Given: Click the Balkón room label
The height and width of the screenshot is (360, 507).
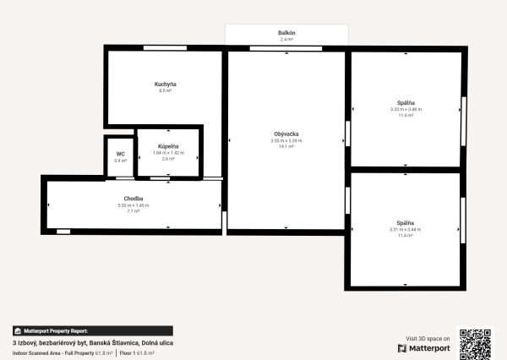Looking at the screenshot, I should tap(286, 33).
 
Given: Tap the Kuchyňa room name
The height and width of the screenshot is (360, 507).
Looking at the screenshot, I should tap(165, 85).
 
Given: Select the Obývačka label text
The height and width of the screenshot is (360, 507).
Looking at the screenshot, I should tap(286, 134).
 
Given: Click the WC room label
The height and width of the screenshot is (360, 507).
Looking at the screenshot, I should tap(121, 154).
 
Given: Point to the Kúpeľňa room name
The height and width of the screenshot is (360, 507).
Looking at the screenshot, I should tap(168, 146).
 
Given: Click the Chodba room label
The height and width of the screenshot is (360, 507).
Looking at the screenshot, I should tap(134, 199).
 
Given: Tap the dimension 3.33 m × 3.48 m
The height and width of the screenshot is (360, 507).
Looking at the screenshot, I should tap(406, 109).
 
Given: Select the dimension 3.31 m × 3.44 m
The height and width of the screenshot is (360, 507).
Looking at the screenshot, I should tap(406, 229).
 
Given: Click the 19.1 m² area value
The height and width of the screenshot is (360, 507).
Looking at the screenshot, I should tap(286, 146).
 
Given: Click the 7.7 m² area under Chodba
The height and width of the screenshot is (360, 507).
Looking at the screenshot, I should tap(134, 210).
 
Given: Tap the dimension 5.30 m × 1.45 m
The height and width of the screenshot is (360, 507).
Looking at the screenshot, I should tap(134, 205).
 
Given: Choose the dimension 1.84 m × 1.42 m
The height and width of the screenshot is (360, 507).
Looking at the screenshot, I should tap(168, 153).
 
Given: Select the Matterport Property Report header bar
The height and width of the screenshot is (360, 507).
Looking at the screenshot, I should tap(92, 331).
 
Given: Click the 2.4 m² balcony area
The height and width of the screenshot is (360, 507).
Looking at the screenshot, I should tap(286, 39).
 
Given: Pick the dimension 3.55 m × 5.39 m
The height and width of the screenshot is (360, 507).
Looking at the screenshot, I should tap(286, 140).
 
